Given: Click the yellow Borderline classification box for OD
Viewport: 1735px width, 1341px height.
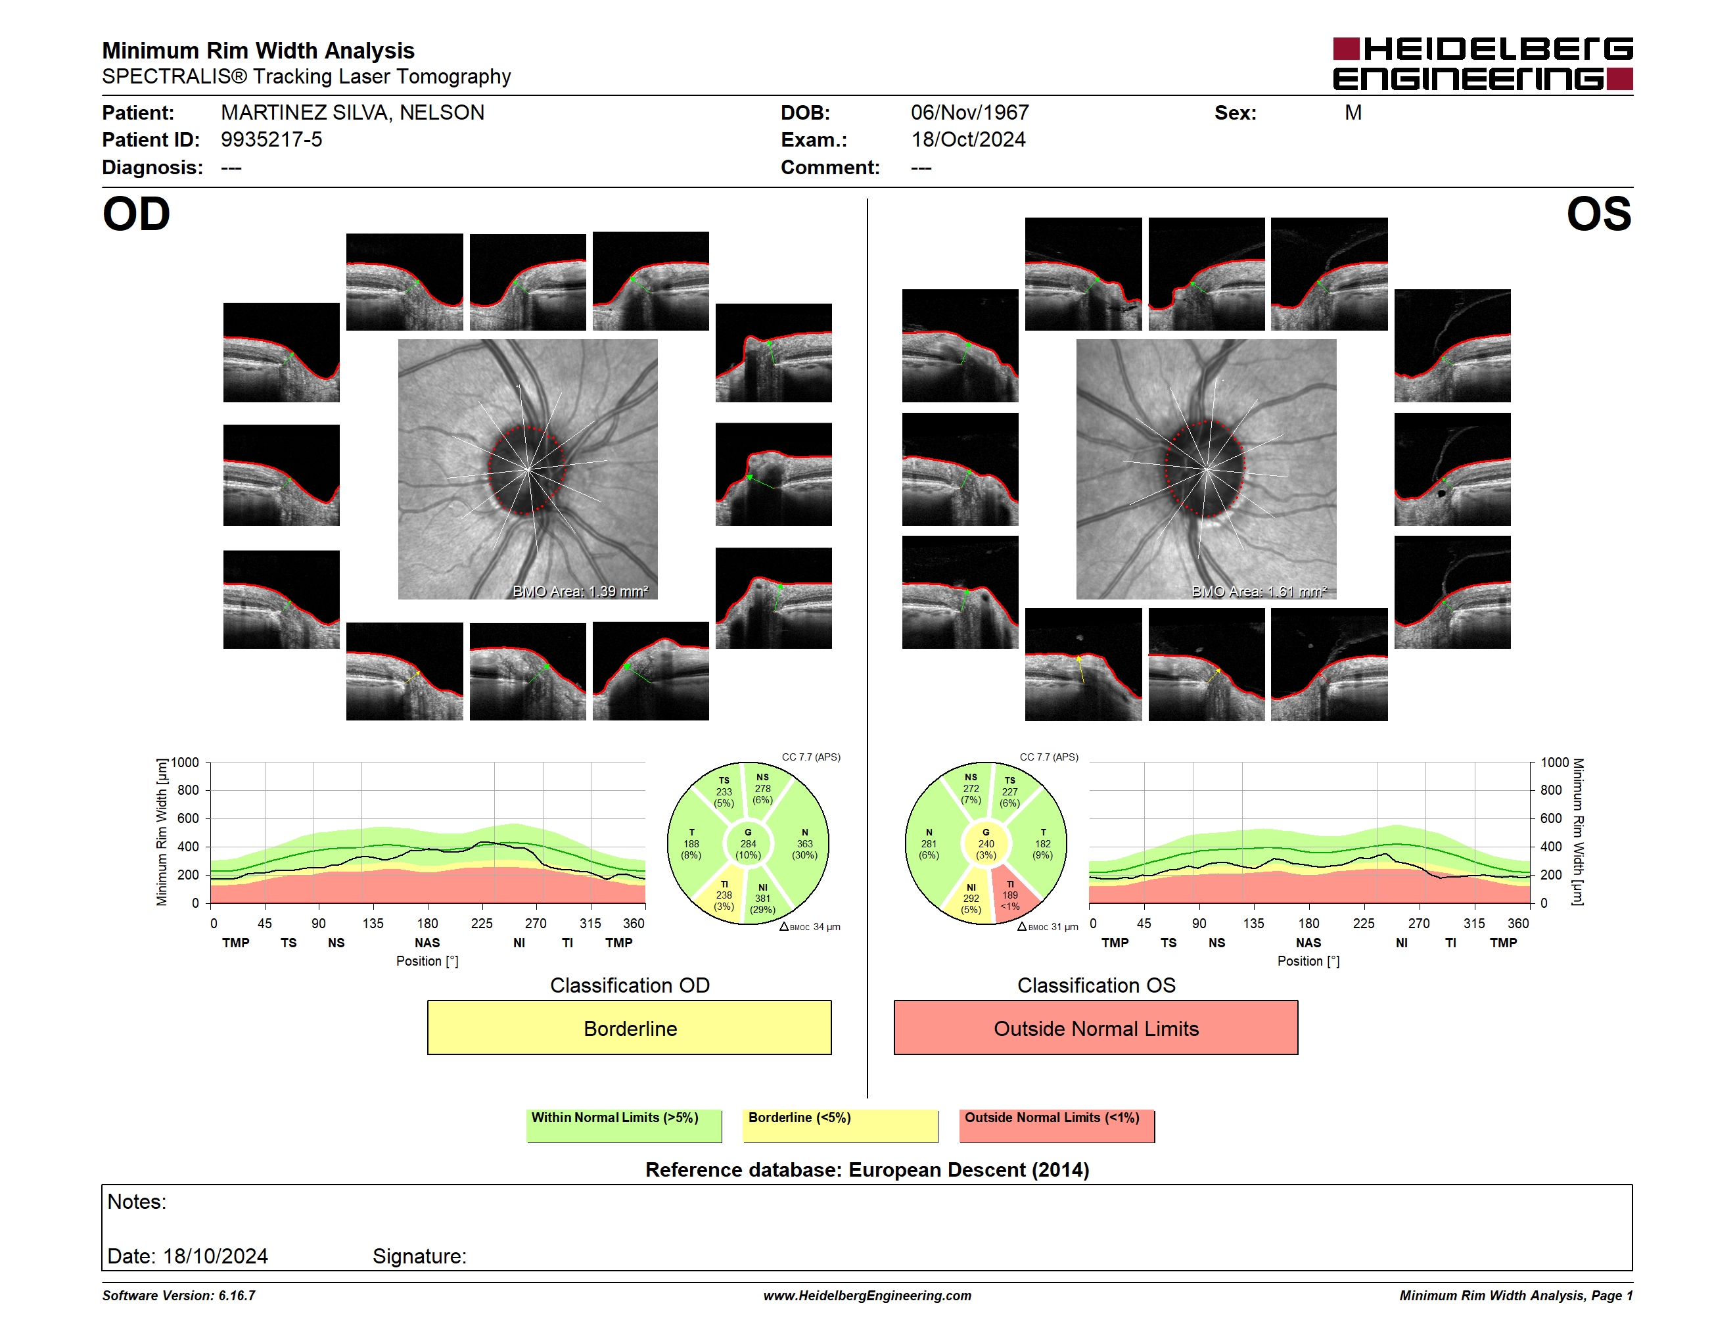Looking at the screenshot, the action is (629, 1027).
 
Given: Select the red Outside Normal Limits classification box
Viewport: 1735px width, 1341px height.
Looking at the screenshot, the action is (1096, 1027).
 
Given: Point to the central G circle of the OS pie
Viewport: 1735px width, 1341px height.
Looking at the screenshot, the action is (986, 843).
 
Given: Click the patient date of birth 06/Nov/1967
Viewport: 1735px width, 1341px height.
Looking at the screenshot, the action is (970, 113).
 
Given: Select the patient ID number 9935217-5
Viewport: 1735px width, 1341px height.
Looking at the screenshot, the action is (271, 140).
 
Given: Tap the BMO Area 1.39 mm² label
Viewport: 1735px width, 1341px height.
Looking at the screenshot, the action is (581, 591).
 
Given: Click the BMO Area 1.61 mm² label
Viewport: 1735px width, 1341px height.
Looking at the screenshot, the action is (1259, 591).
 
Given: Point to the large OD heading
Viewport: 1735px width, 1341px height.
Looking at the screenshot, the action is (137, 214).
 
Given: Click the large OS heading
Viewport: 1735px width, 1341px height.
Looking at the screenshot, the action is (1599, 214).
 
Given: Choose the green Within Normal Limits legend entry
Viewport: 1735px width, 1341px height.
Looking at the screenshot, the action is (624, 1125).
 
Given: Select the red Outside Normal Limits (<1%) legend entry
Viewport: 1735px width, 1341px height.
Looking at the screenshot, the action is (1057, 1125).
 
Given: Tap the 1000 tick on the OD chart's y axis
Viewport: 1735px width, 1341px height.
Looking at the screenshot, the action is (185, 763).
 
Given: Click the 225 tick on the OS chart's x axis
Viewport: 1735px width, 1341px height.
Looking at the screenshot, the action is (1363, 923).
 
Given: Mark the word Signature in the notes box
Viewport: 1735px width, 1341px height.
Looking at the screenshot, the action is (419, 1256).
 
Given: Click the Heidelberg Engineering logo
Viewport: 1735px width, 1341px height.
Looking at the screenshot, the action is (1483, 64).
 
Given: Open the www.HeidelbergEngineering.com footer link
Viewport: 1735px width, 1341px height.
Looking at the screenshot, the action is (867, 1296).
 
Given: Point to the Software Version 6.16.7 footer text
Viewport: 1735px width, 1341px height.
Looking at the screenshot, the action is (179, 1296).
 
